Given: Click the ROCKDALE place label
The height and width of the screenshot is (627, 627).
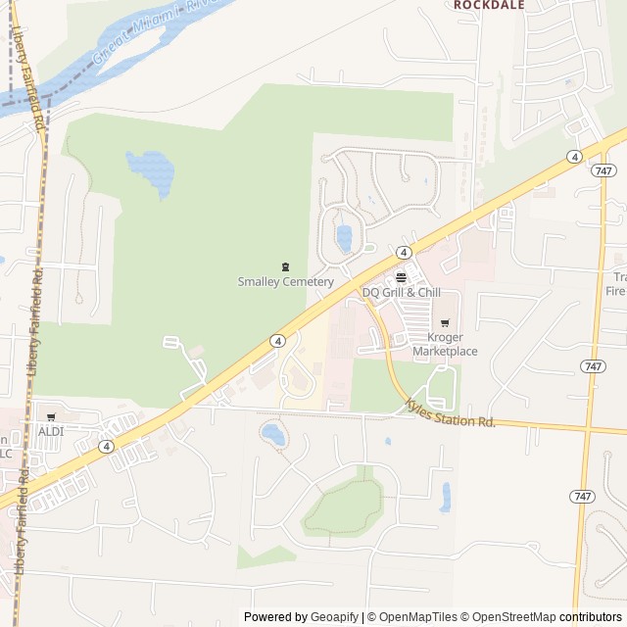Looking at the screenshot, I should pos(489,5).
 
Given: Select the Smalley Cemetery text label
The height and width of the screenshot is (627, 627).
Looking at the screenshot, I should pos(286,282).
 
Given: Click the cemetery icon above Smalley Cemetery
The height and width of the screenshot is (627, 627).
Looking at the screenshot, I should pos(286,266).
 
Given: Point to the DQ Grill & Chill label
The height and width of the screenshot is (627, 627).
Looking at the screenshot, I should pos(402,292).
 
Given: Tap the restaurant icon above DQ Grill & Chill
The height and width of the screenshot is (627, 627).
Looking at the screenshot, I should pos(401,276).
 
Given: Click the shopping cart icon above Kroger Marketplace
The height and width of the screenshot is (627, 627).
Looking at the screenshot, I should pos(445,322).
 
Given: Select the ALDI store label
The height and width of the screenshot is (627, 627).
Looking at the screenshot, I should pos(50,431).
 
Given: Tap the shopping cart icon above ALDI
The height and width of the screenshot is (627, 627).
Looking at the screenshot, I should pos(50,417).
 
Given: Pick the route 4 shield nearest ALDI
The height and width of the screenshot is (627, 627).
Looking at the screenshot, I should pos(106,446).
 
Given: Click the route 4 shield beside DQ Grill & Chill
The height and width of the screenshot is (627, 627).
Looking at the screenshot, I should pos(403,252).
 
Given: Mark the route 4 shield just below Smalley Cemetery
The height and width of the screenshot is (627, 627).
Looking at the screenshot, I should pos(279,341).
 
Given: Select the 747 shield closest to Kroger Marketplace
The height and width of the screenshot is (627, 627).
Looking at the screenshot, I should pos(591,366).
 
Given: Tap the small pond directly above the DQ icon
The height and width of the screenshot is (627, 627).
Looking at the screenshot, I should pos(344,236).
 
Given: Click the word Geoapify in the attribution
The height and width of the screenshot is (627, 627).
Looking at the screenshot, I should pos(335,617).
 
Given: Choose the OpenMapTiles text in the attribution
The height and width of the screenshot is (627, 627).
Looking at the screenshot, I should pos(418,617).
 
